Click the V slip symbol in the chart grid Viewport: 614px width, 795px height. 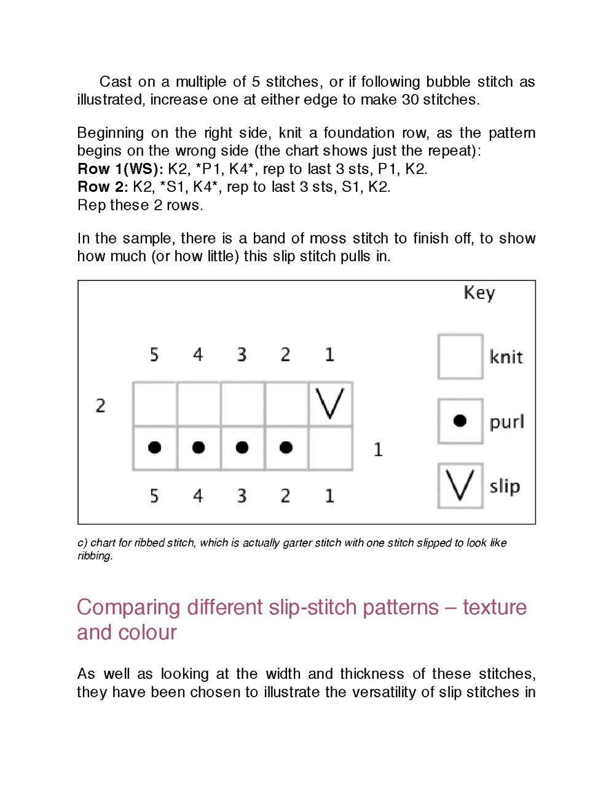(x=330, y=404)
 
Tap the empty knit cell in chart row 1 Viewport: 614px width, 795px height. (x=330, y=448)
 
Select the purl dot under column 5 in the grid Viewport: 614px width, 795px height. (x=155, y=448)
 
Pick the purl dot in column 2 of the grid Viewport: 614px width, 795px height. (x=286, y=448)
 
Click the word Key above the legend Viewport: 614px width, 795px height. (x=479, y=293)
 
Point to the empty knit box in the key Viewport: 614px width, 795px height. (x=460, y=357)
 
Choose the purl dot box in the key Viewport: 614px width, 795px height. (x=460, y=421)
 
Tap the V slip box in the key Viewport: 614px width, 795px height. (x=460, y=486)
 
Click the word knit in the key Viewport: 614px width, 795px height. (x=506, y=357)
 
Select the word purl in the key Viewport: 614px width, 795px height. (x=506, y=422)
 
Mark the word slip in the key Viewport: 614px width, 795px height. (x=505, y=486)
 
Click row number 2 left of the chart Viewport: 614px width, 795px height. (x=101, y=406)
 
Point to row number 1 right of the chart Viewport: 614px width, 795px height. (x=378, y=450)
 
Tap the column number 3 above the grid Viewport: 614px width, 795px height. (x=242, y=355)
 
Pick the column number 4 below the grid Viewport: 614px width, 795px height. (x=198, y=496)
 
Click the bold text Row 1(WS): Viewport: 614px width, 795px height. (x=120, y=169)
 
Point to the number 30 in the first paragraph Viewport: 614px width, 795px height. (x=411, y=100)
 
